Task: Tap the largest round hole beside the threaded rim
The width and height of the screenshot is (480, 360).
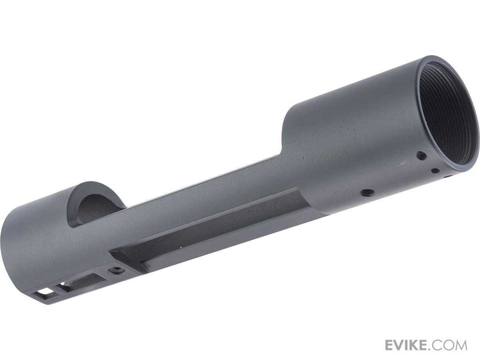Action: [421, 156]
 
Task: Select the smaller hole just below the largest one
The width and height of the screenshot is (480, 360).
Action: [435, 171]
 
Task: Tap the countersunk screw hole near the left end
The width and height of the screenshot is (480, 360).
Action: [116, 270]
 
